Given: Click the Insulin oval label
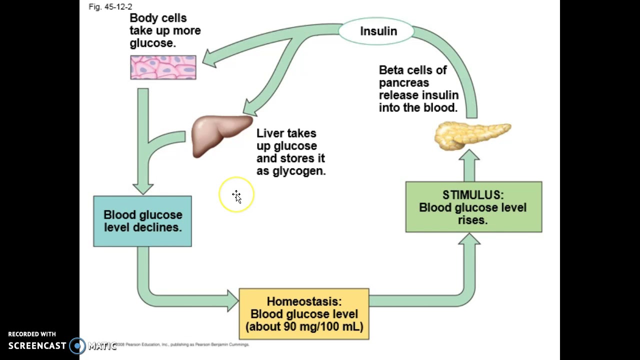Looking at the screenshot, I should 378,31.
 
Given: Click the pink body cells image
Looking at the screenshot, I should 163,67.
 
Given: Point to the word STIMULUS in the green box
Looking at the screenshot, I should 472,195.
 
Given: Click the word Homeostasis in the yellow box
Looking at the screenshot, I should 303,301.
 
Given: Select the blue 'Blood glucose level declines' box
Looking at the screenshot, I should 142,221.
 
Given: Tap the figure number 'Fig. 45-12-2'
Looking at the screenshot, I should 110,7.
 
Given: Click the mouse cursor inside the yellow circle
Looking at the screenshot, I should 237,196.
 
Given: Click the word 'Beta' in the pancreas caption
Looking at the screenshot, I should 391,70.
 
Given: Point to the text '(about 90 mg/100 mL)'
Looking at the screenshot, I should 304,327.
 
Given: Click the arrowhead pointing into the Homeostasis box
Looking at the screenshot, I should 233,300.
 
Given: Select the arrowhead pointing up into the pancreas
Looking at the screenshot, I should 469,156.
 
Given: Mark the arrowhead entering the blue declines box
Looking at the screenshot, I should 143,188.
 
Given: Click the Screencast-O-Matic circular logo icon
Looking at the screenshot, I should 77,345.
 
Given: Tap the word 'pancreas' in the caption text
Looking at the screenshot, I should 403,82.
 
